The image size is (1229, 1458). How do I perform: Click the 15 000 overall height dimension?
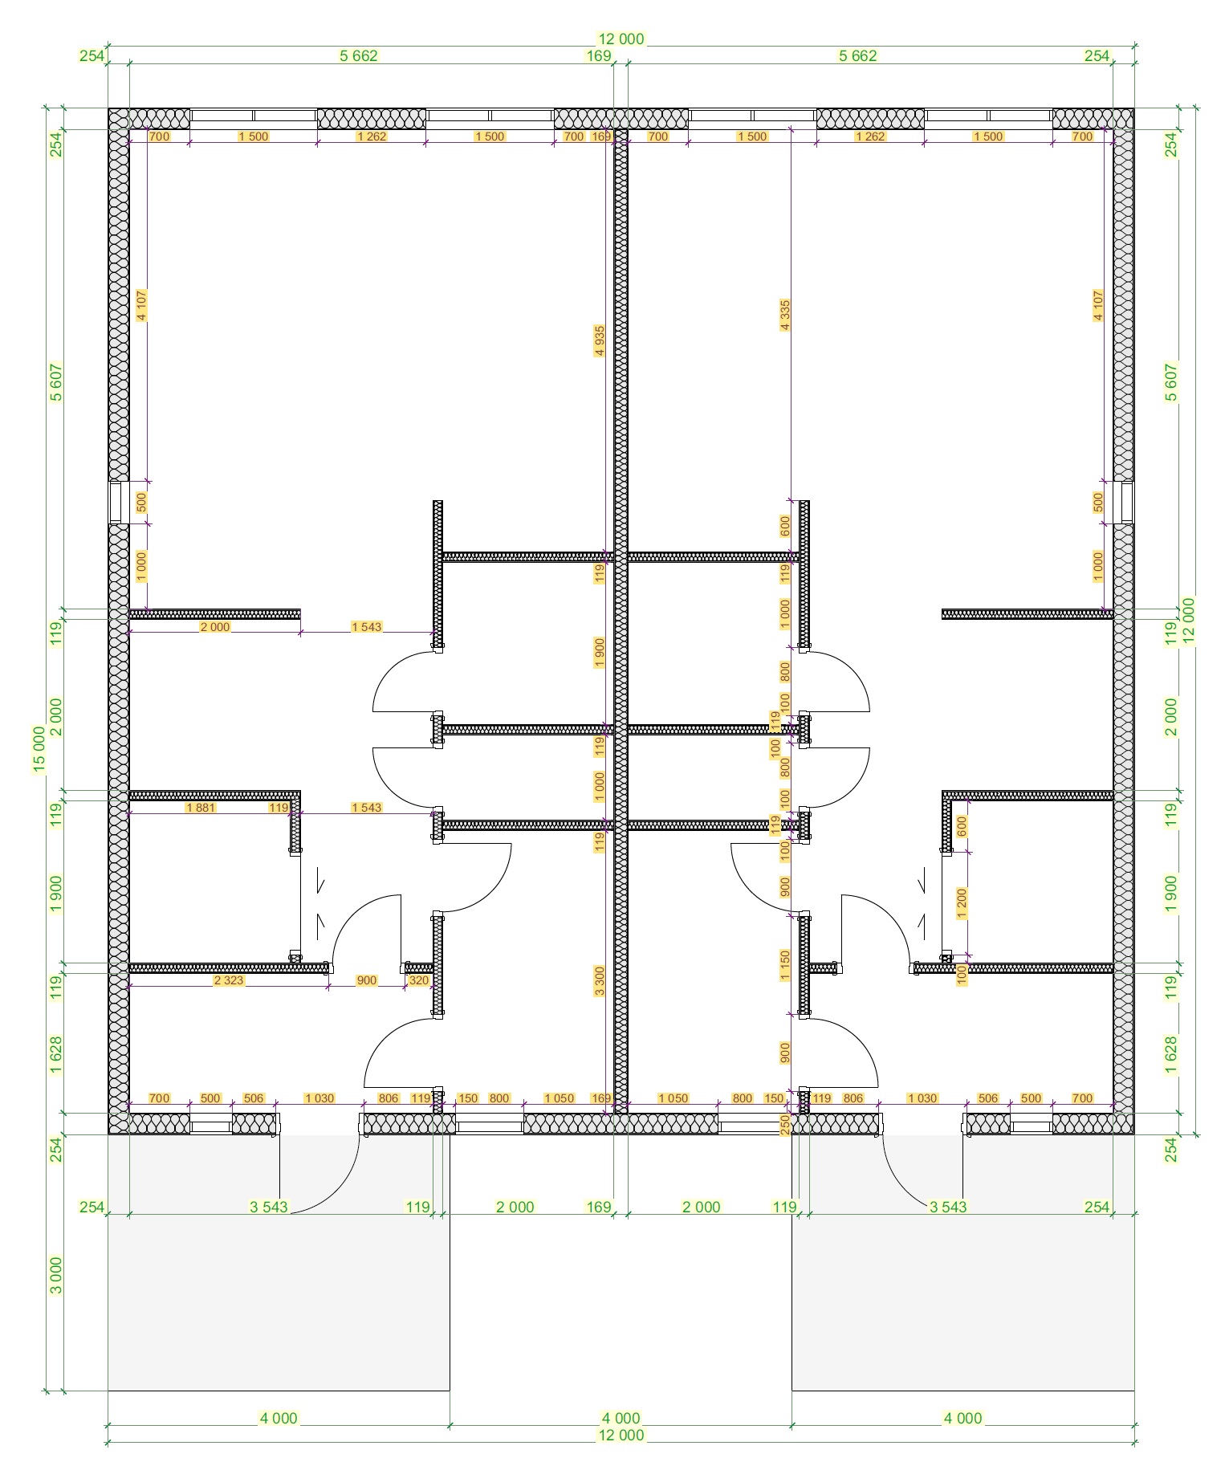pyautogui.click(x=39, y=749)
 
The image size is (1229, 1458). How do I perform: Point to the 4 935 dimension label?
pyautogui.click(x=600, y=340)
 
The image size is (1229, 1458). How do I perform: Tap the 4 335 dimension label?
pyautogui.click(x=784, y=316)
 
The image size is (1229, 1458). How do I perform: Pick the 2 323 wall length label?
pyautogui.click(x=229, y=980)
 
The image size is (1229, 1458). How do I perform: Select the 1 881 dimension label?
pyautogui.click(x=201, y=808)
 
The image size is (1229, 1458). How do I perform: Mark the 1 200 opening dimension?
pyautogui.click(x=962, y=903)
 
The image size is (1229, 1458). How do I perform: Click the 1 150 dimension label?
pyautogui.click(x=785, y=966)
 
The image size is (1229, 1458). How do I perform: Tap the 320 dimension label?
pyautogui.click(x=419, y=980)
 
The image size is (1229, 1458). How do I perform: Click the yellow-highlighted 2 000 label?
pyautogui.click(x=215, y=627)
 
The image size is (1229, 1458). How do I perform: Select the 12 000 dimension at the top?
pyautogui.click(x=621, y=39)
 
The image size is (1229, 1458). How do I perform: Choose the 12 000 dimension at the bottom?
pyautogui.click(x=621, y=1435)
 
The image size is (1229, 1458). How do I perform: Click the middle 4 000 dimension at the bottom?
pyautogui.click(x=621, y=1418)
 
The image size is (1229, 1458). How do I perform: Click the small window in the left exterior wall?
pyautogui.click(x=117, y=503)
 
